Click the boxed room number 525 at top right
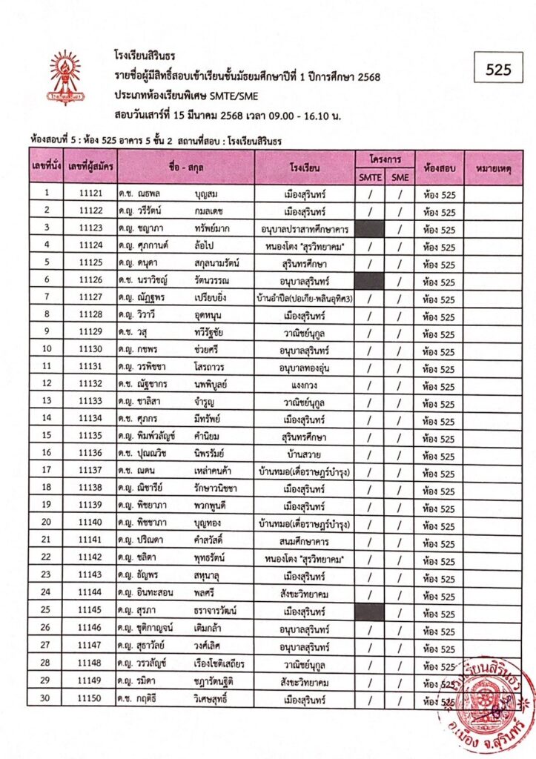pyautogui.click(x=499, y=70)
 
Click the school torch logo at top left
pyautogui.click(x=65, y=77)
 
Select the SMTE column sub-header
pyautogui.click(x=369, y=177)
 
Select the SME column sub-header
pyautogui.click(x=400, y=177)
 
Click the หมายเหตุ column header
pyautogui.click(x=493, y=170)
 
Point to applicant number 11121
pyautogui.click(x=90, y=194)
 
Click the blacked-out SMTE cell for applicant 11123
pyautogui.click(x=369, y=228)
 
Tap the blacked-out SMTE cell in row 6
pyautogui.click(x=369, y=281)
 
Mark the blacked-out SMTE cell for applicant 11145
pyautogui.click(x=369, y=612)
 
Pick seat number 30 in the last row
pyautogui.click(x=46, y=700)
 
